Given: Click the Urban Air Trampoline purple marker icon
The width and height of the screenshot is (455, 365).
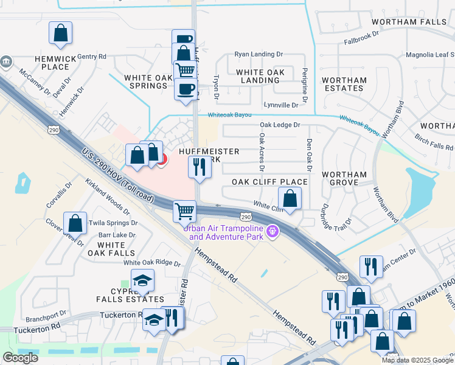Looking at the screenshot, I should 273,231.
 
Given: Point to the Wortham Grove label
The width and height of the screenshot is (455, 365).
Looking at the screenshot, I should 344,178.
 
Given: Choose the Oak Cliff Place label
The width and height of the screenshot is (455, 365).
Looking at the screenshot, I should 269,182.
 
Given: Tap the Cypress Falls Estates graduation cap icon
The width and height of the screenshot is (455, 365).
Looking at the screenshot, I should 143,280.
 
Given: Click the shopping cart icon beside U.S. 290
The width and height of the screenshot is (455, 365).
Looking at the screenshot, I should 184,212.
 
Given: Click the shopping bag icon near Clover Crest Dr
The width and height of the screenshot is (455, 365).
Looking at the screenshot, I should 75,223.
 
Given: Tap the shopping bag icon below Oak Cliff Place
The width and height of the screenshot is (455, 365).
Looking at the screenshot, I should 290,198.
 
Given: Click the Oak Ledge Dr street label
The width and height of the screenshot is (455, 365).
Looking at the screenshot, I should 280,125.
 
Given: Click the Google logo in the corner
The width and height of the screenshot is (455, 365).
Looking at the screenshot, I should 20,358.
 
